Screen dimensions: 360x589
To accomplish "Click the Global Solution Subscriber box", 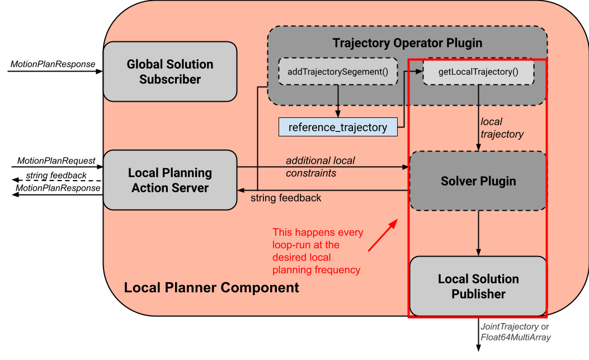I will click(170, 72).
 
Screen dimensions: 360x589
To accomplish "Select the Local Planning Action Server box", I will click(170, 180).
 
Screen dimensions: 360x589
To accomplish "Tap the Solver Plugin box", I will click(478, 181).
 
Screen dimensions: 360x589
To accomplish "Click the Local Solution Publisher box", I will click(478, 286).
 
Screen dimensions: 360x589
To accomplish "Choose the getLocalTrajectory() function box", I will click(478, 72).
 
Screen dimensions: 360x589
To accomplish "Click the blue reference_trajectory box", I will click(337, 127).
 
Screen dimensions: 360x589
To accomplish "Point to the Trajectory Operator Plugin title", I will click(407, 43).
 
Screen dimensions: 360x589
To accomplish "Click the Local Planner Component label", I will click(211, 288).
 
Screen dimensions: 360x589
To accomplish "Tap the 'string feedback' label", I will click(286, 198).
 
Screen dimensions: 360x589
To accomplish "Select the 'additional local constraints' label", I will click(320, 167).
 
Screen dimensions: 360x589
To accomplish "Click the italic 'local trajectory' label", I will click(502, 128).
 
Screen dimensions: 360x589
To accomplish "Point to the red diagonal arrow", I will click(383, 235).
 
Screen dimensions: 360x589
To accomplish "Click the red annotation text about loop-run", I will click(318, 251).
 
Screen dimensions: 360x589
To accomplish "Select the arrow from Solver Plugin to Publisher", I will click(478, 233).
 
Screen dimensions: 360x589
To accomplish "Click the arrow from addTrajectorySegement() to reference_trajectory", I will click(337, 101).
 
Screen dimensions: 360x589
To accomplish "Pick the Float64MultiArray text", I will click(516, 337).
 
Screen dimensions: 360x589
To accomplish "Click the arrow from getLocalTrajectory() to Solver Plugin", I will click(478, 118).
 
